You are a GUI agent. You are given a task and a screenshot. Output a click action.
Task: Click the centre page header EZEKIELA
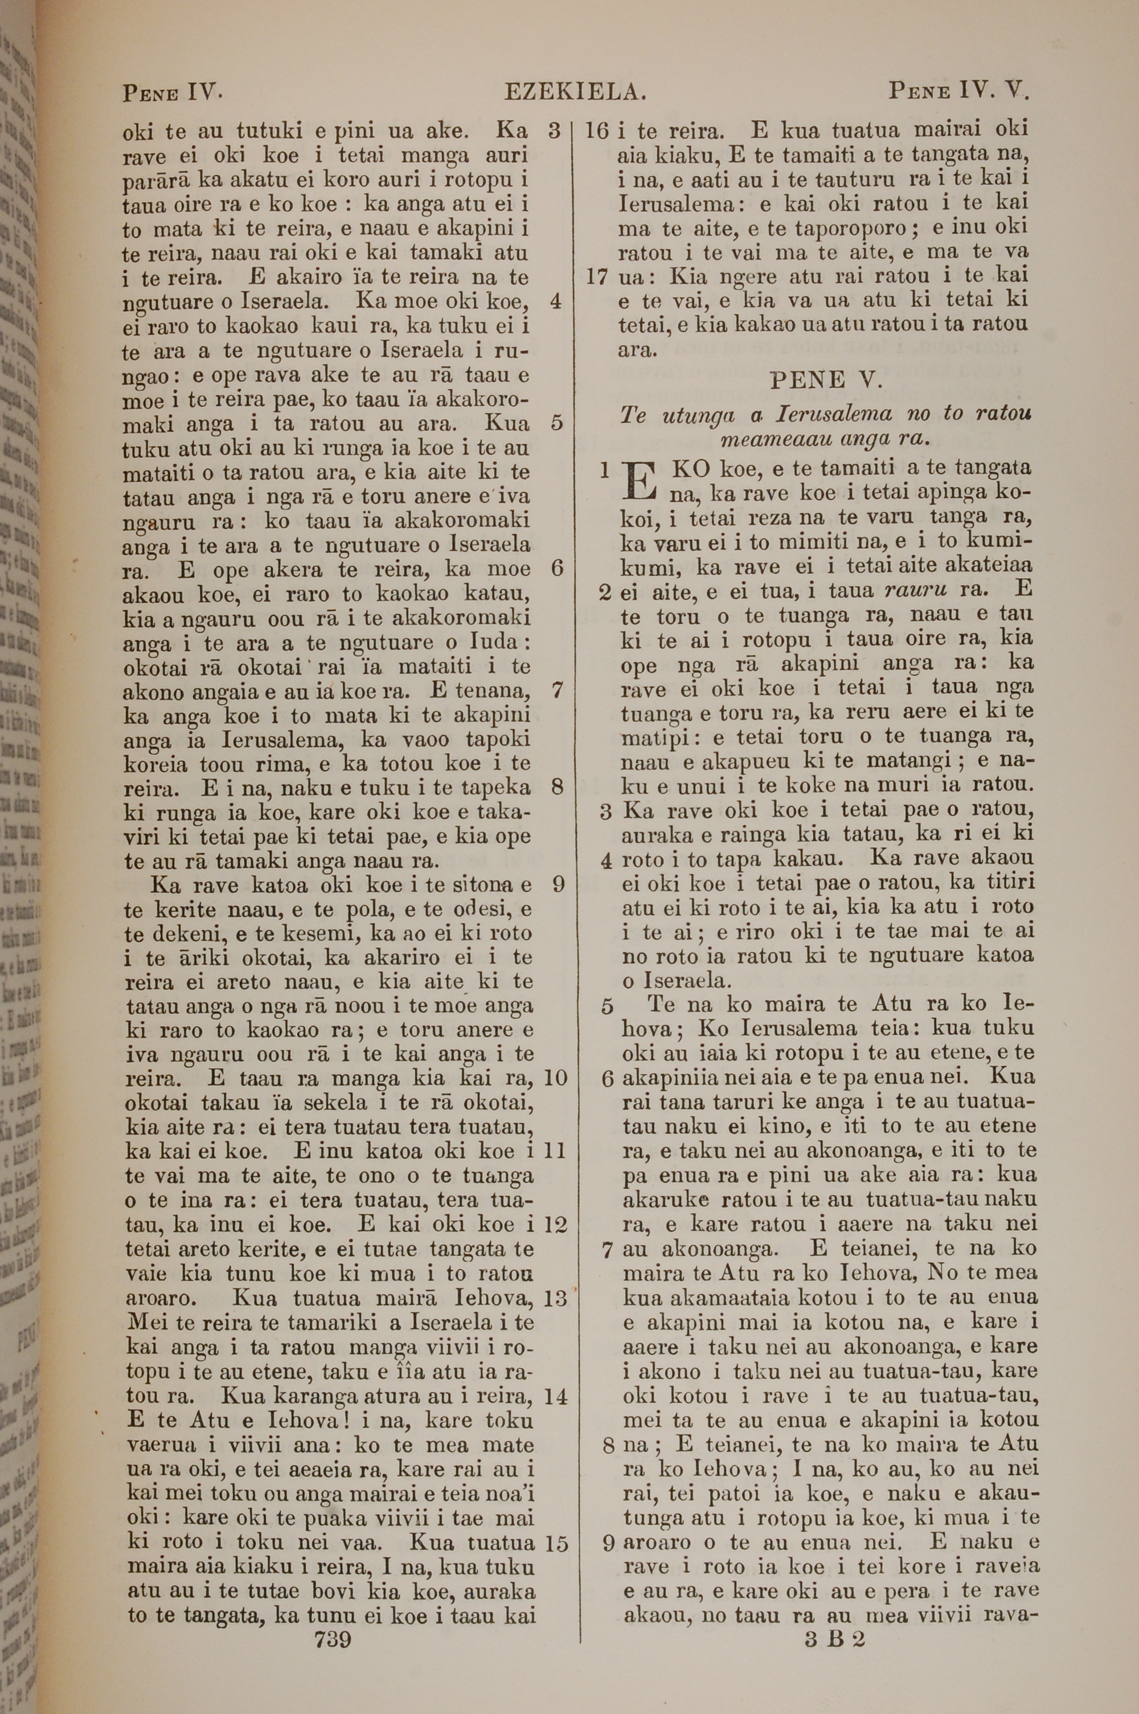pyautogui.click(x=575, y=93)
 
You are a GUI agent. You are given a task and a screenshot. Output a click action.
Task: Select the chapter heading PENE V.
pyautogui.click(x=825, y=379)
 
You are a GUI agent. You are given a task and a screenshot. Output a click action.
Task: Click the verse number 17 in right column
pyautogui.click(x=596, y=277)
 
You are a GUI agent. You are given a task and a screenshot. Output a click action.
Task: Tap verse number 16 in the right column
pyautogui.click(x=596, y=131)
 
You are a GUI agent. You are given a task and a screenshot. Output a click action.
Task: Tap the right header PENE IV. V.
pyautogui.click(x=959, y=92)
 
